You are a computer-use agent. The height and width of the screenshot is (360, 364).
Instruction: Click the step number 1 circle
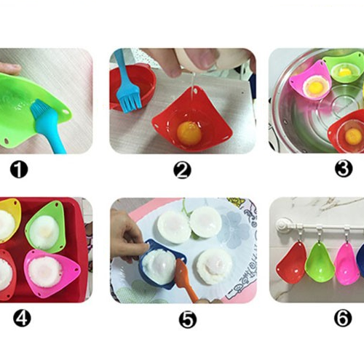[19, 169]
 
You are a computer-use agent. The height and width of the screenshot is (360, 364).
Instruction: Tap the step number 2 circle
[182, 170]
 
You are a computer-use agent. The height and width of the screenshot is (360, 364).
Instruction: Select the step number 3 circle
[344, 169]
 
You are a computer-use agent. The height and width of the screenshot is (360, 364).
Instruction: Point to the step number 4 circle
[22, 318]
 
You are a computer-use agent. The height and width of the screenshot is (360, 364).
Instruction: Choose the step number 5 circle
[188, 319]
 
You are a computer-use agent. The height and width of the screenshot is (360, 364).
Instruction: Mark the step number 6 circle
[343, 319]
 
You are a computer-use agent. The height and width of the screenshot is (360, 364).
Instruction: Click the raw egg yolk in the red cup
[189, 133]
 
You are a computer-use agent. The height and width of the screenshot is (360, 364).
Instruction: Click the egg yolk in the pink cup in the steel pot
[315, 86]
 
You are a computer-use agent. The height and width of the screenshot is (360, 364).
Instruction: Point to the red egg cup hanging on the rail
[291, 263]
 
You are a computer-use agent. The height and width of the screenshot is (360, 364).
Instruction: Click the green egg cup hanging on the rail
[320, 262]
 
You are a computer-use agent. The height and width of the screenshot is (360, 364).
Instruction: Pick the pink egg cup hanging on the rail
[347, 263]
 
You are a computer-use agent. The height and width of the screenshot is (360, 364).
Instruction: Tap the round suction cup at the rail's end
[283, 225]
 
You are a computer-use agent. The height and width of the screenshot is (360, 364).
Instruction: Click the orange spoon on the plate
[184, 278]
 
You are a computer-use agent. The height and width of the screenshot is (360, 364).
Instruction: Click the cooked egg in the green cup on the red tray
[45, 232]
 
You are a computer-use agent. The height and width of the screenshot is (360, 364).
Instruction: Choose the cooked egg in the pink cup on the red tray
[45, 272]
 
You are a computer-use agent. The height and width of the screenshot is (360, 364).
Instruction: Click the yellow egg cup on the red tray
[9, 220]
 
